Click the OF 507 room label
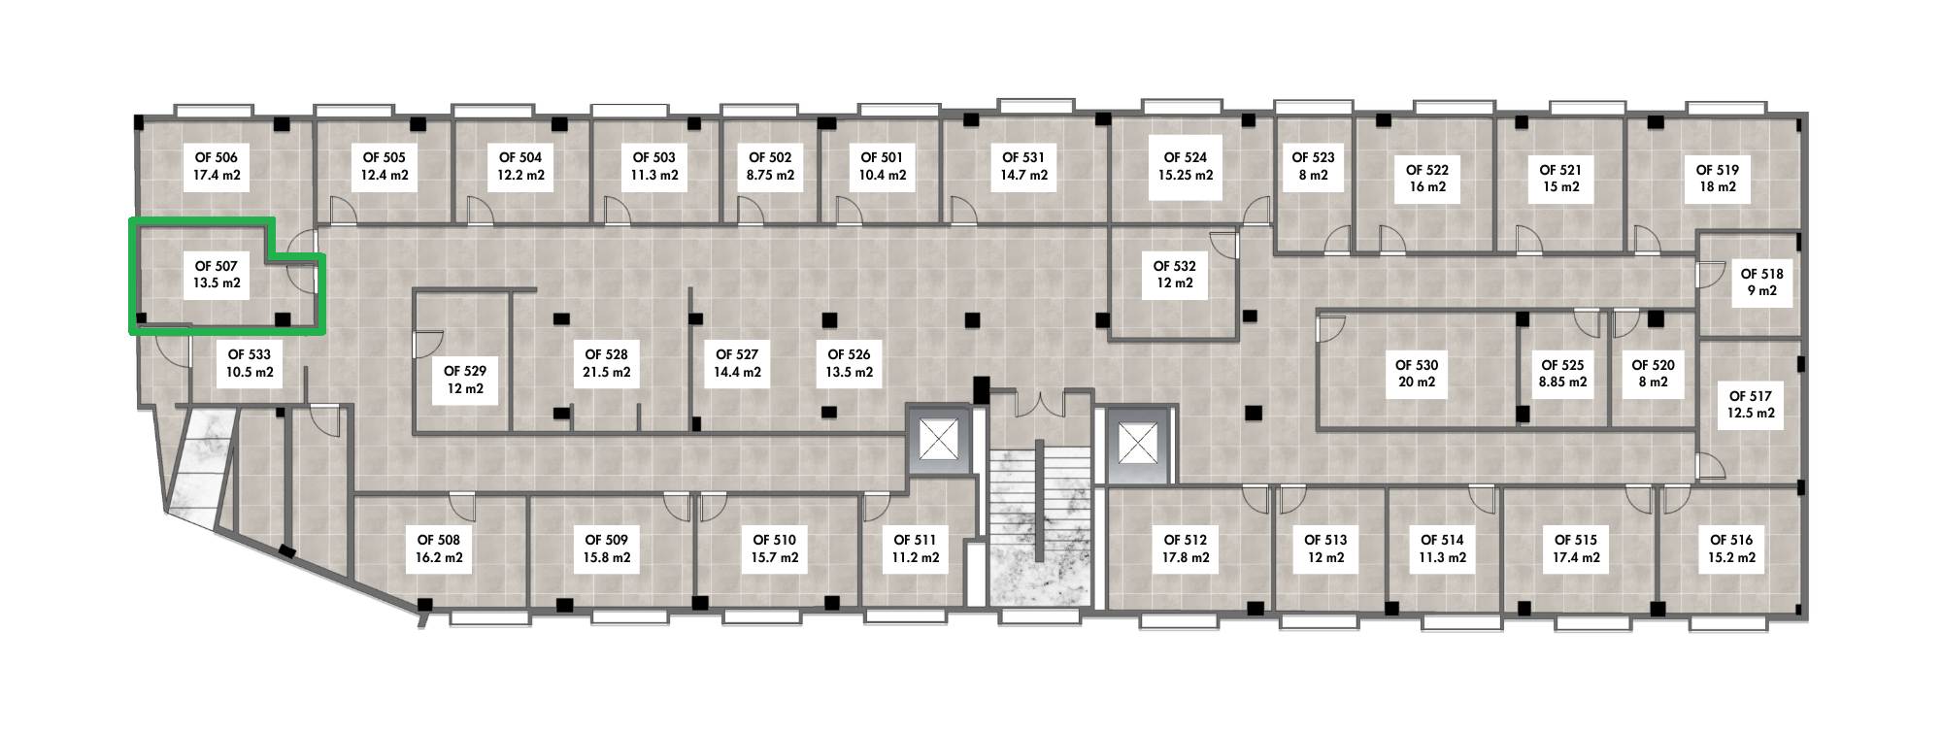218,275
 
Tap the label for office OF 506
217,166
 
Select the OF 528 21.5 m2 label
606,363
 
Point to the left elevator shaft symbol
939,443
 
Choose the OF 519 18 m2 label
1717,179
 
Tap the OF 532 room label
1175,275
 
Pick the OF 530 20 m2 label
1417,374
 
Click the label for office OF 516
1731,549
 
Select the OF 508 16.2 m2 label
439,549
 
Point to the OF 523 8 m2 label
1313,166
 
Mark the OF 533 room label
250,363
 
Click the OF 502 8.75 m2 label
770,166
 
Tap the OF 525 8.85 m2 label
1562,374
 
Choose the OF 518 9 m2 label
1762,283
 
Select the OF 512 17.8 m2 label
1186,549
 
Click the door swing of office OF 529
428,342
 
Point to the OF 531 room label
1023,166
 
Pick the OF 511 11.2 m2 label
915,549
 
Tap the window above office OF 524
1182,106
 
